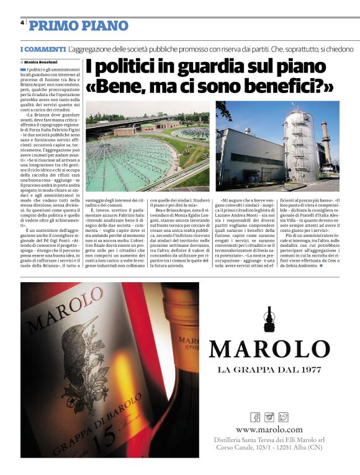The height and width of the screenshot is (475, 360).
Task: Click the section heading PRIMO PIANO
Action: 78,25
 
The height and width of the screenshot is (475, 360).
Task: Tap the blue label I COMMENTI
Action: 43,49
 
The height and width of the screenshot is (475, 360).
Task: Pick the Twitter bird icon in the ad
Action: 283,417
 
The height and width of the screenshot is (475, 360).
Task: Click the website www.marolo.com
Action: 269,429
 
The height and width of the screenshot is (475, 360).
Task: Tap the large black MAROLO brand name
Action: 269,348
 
